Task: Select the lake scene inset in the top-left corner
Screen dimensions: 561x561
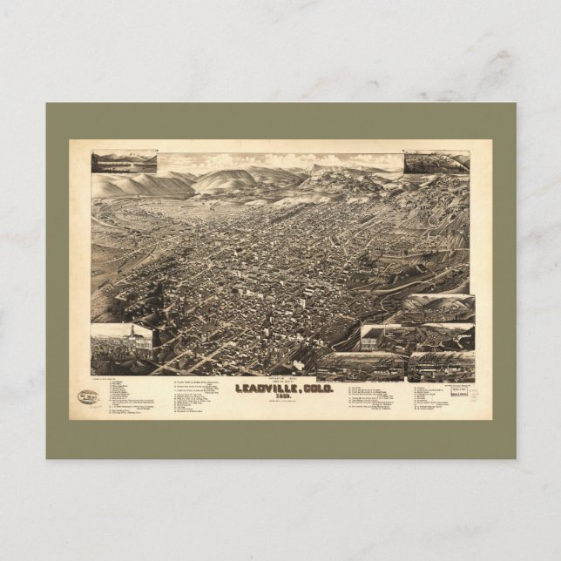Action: click(x=124, y=163)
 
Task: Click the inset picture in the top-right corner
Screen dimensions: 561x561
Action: click(x=436, y=163)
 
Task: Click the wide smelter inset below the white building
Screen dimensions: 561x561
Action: click(x=360, y=365)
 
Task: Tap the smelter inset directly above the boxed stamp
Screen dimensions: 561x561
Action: click(x=442, y=366)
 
